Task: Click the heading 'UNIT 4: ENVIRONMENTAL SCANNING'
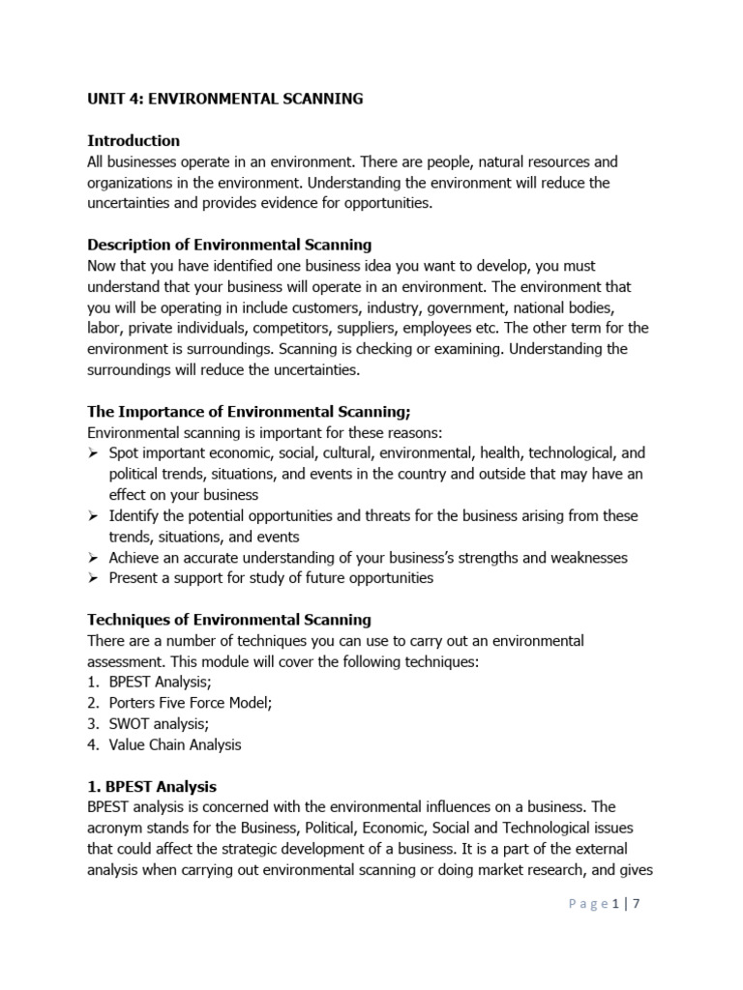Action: [x=225, y=99]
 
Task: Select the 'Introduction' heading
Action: [x=134, y=141]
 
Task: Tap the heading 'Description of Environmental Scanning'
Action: [x=229, y=245]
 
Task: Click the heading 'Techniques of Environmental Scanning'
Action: [x=229, y=620]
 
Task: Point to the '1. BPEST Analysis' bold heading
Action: [x=152, y=786]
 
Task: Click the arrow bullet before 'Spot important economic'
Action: [x=93, y=453]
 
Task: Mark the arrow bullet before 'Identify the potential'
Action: [x=93, y=516]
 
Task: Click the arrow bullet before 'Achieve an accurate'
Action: [x=93, y=558]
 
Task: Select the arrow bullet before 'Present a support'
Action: [x=93, y=578]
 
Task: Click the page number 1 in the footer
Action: [x=616, y=904]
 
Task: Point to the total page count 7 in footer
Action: [x=637, y=904]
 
